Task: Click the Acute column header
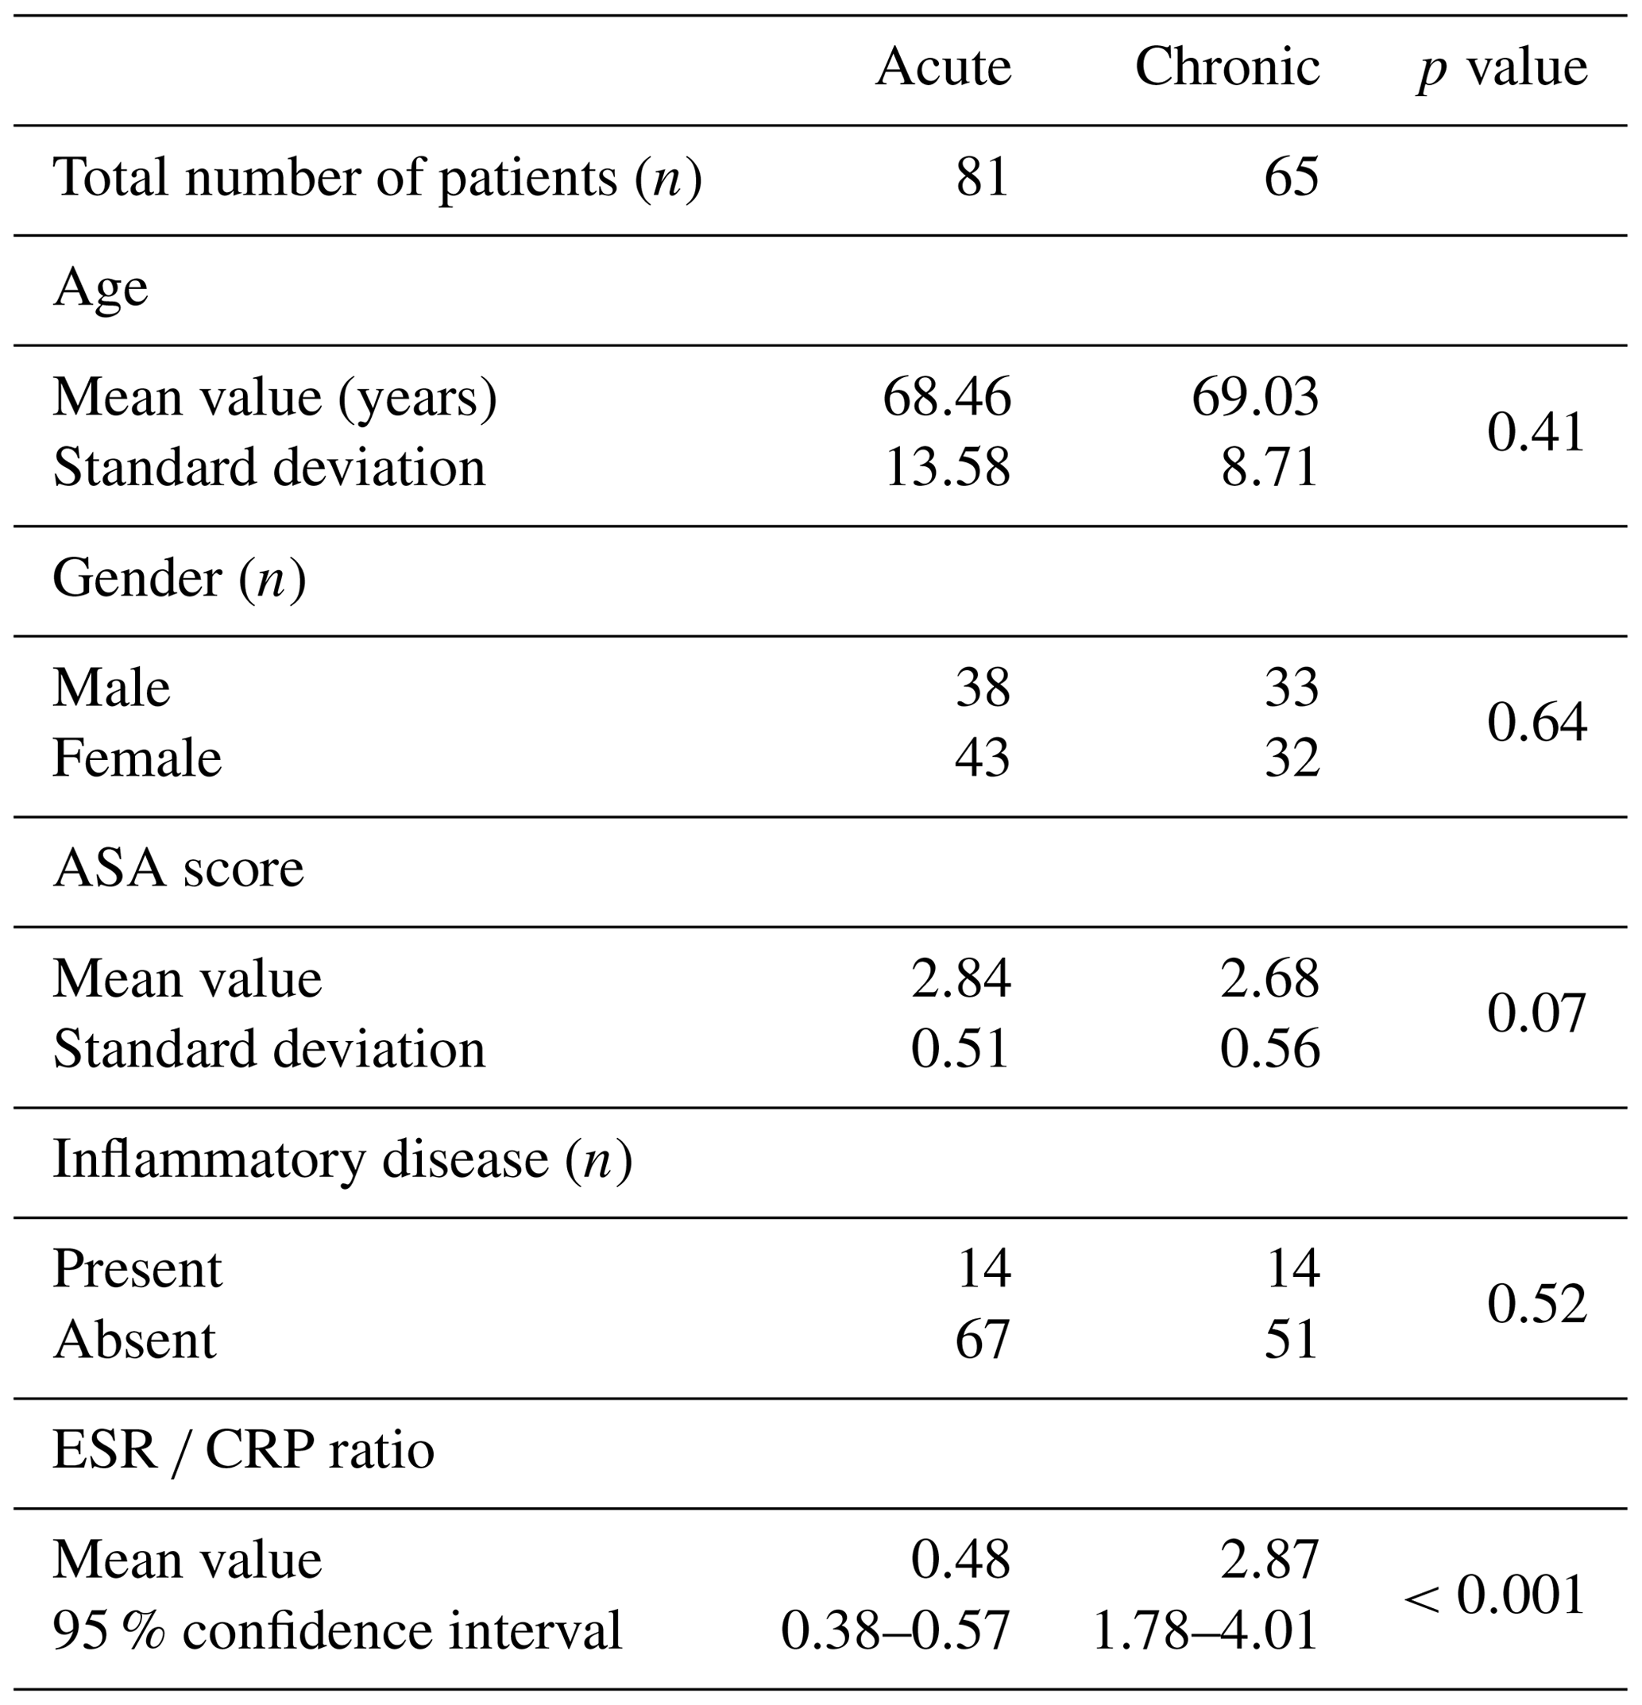click(943, 67)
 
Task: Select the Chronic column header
click(1227, 67)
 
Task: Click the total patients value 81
click(983, 177)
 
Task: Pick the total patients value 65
click(1292, 177)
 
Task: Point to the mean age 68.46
click(947, 398)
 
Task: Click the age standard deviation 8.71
click(1269, 467)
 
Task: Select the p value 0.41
click(1536, 432)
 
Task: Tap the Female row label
click(137, 758)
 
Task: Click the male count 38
click(983, 688)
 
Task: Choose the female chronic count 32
click(1292, 758)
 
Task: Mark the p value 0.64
click(1536, 723)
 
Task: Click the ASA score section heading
click(179, 868)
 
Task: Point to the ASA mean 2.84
click(960, 978)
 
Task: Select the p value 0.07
click(1536, 1013)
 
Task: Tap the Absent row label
click(134, 1339)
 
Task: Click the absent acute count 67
click(983, 1339)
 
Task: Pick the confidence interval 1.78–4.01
click(1204, 1630)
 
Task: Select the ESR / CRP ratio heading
click(244, 1450)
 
